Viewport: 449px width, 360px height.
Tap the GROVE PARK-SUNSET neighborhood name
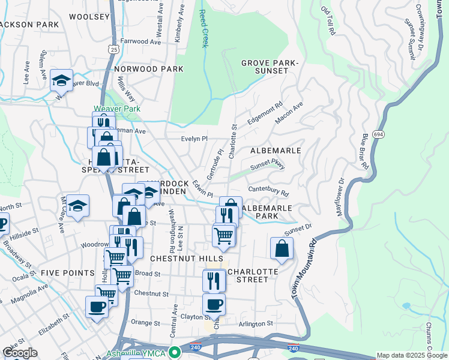(x=269, y=68)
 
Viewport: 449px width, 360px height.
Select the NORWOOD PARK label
(x=148, y=69)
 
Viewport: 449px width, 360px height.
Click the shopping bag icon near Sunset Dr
(x=282, y=248)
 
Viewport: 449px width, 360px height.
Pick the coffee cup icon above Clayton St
(x=214, y=304)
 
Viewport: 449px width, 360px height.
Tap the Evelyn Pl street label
(x=194, y=139)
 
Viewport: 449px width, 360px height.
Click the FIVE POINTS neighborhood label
(x=68, y=273)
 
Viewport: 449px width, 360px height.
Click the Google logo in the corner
(x=20, y=353)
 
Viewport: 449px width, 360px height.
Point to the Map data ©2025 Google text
(x=411, y=355)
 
